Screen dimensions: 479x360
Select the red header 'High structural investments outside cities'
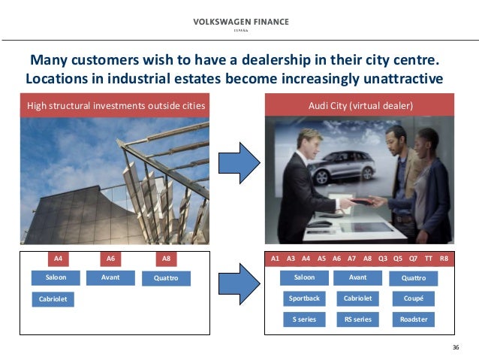[116, 106]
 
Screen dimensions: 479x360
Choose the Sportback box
[304, 298]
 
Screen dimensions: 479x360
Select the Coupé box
[414, 298]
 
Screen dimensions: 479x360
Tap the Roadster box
[414, 319]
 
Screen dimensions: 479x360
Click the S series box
[304, 319]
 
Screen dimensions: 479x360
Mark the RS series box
[358, 319]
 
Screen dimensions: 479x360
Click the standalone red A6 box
[110, 259]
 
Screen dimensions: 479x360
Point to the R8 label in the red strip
[444, 259]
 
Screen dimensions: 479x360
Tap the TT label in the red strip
[429, 259]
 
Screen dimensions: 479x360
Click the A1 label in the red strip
[275, 259]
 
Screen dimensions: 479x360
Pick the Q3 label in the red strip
[382, 259]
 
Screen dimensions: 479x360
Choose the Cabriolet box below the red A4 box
[53, 299]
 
